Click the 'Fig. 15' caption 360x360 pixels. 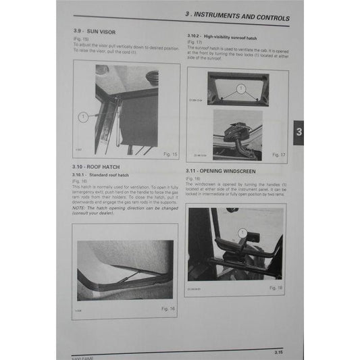click(x=170, y=154)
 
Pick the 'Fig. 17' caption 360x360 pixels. click(x=278, y=154)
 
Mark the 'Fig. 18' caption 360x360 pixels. click(x=277, y=288)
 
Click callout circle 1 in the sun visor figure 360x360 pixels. click(x=83, y=116)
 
